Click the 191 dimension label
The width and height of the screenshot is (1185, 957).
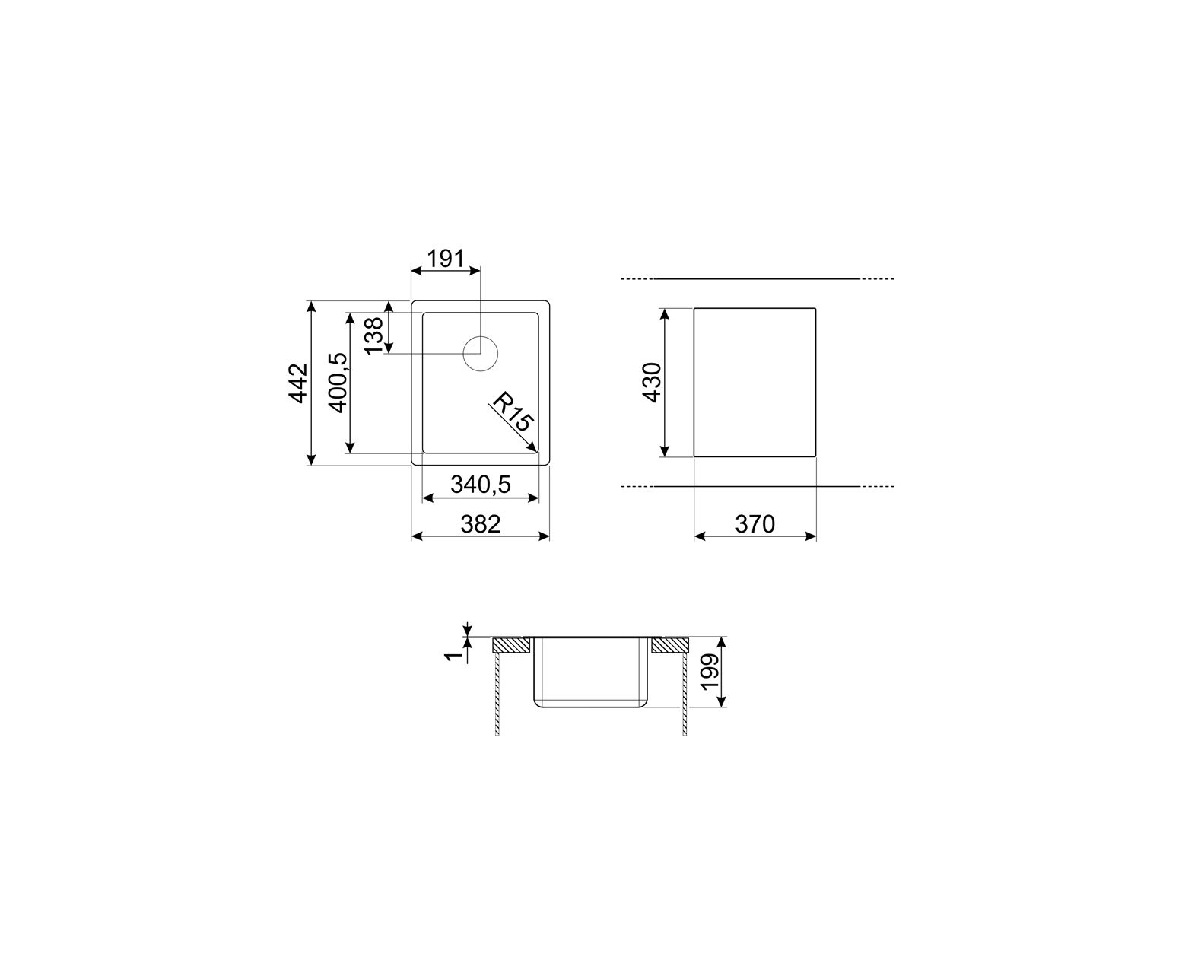point(444,258)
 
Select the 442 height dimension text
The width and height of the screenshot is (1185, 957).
point(298,383)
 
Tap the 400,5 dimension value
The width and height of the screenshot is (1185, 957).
point(338,382)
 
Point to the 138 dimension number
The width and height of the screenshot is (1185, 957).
point(373,335)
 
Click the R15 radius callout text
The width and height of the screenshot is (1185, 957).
point(513,413)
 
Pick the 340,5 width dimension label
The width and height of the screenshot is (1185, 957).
point(481,485)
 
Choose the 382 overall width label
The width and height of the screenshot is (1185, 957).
point(481,523)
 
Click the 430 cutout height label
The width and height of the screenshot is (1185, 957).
point(652,382)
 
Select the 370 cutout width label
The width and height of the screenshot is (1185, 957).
point(755,523)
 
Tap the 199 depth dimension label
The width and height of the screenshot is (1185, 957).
point(710,672)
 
